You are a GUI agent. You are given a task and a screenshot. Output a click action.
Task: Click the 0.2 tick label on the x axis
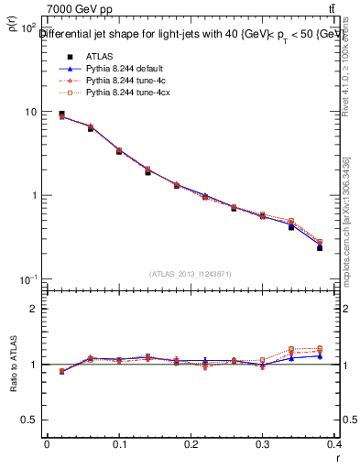191,444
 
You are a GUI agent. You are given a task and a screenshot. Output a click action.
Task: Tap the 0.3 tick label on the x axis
263,444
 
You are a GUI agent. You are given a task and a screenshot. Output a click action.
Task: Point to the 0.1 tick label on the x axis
118,444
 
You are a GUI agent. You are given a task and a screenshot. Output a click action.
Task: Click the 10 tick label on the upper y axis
29,112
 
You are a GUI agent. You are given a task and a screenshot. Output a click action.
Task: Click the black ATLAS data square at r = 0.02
61,115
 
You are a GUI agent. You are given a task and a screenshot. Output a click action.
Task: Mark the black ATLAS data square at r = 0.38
320,247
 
